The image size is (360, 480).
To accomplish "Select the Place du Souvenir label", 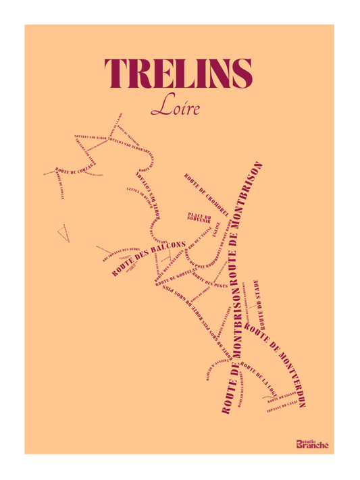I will click(x=199, y=217).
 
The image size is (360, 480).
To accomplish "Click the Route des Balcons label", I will click(x=149, y=257).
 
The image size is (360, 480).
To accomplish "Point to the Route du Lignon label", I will click(x=280, y=394).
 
